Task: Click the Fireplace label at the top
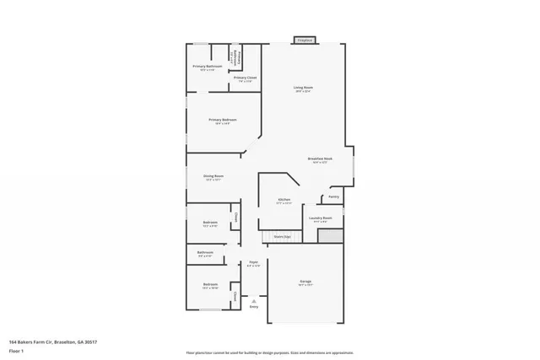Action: tap(305, 40)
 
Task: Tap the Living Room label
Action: tap(304, 88)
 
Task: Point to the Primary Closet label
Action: tap(246, 78)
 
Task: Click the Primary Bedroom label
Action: tap(223, 120)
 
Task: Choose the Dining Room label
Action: tap(213, 176)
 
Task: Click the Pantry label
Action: tap(333, 196)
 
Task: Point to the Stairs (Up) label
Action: tap(283, 237)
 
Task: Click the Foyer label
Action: tap(253, 263)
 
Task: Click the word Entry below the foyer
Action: tap(254, 307)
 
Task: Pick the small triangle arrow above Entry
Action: tap(254, 299)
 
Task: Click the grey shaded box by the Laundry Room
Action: tap(330, 235)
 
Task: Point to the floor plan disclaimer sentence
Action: tap(270, 352)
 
